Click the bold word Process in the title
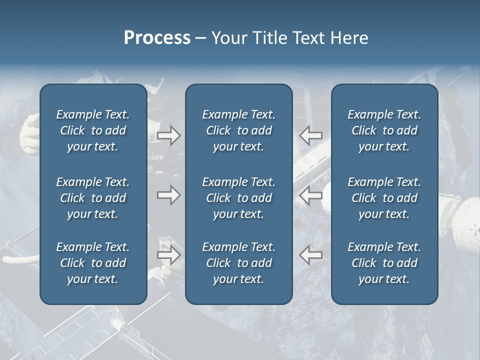[157, 38]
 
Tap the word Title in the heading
[268, 38]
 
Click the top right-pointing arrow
[168, 135]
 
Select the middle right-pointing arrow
[168, 195]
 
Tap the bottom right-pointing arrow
[168, 255]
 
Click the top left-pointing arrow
[310, 135]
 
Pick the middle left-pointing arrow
[310, 195]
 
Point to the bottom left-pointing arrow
[310, 255]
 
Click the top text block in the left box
[93, 130]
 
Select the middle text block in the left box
[93, 198]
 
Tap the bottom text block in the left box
[93, 263]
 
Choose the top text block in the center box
[238, 130]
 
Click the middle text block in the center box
[238, 198]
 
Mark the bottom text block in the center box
[238, 263]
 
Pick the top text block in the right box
[384, 130]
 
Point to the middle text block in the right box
[384, 198]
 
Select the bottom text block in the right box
[384, 263]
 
